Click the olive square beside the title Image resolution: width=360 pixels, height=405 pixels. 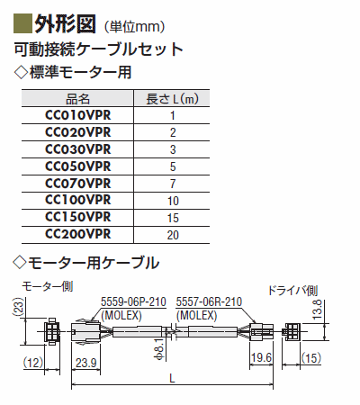click(22, 23)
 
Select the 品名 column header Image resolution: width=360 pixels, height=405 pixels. click(77, 99)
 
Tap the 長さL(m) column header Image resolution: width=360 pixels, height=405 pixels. click(172, 99)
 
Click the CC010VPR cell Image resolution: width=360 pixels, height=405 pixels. click(78, 115)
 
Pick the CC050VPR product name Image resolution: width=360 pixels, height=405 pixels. click(78, 166)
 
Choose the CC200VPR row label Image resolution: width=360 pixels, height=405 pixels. click(78, 234)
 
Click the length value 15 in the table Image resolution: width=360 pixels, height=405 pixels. click(173, 218)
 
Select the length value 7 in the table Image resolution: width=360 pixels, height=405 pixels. click(173, 184)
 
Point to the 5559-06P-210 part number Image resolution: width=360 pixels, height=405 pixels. click(133, 301)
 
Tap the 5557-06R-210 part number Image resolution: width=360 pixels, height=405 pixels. click(209, 301)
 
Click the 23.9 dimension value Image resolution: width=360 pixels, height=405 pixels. click(86, 363)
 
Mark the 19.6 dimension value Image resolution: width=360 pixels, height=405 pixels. click(261, 357)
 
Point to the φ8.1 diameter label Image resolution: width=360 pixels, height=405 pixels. click(160, 348)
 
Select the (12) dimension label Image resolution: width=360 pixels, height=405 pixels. click(33, 363)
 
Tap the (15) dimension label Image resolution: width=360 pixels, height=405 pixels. click(311, 358)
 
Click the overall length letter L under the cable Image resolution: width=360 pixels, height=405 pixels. click(172, 378)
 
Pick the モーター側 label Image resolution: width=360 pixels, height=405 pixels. click(47, 287)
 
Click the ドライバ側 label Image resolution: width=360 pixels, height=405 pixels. click(292, 291)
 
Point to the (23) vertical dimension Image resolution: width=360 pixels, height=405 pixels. click(18, 306)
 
